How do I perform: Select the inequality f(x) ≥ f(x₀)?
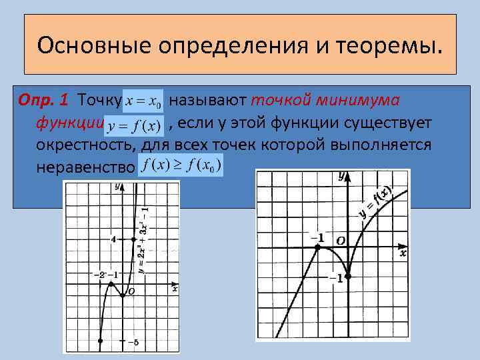(181, 165)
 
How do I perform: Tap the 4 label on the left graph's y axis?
(114, 239)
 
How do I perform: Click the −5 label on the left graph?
(131, 343)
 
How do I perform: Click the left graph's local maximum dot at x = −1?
(111, 283)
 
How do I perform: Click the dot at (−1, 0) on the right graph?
(317, 247)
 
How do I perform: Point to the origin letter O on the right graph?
(341, 239)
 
